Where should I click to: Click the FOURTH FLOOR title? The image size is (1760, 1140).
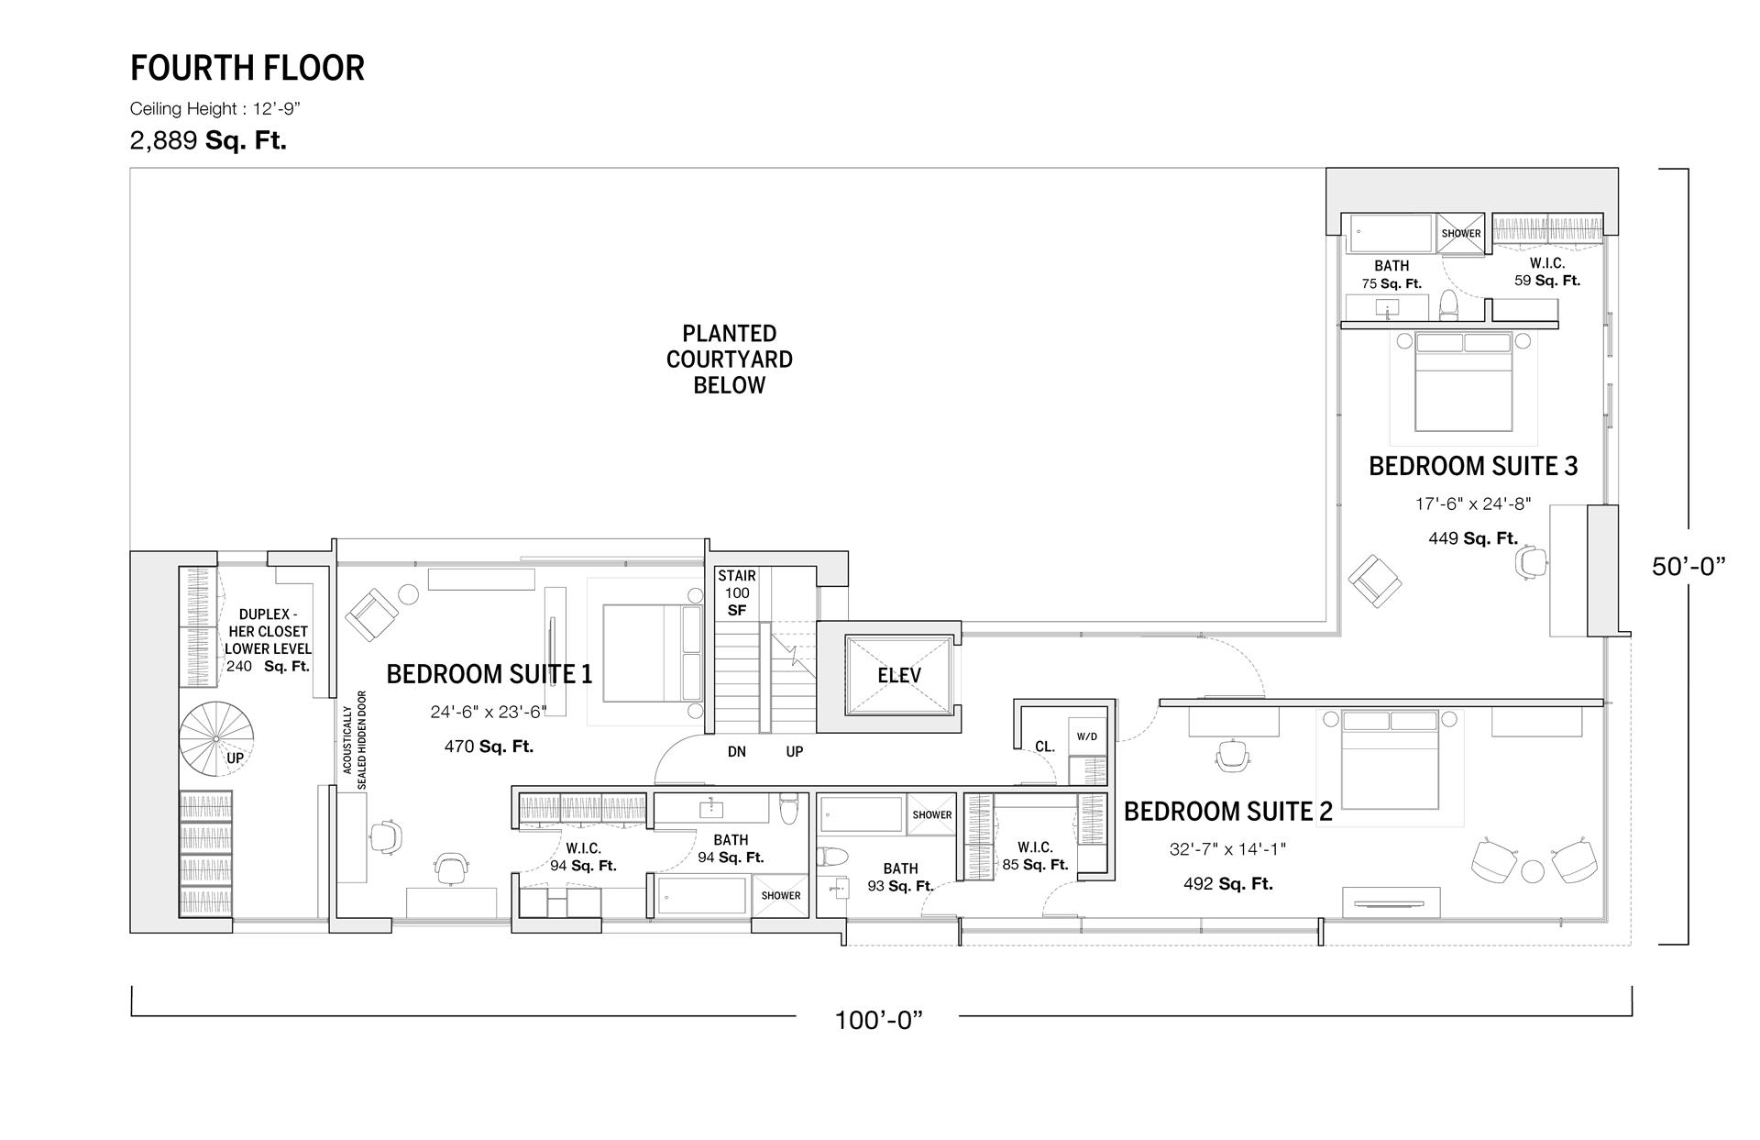tap(247, 68)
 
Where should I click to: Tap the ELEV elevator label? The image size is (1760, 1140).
tap(898, 676)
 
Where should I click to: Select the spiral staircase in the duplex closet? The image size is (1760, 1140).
tap(216, 738)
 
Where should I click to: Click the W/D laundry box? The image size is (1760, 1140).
tap(1086, 736)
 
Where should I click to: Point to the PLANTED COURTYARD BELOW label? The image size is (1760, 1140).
tap(730, 360)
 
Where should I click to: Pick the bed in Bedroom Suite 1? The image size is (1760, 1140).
tap(652, 653)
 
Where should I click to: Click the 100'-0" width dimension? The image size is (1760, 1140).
tap(877, 1020)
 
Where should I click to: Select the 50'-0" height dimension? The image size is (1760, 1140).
tap(1688, 567)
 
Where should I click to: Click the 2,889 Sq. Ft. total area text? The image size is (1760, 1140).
tap(208, 141)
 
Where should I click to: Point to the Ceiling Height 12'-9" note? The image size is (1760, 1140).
tap(215, 109)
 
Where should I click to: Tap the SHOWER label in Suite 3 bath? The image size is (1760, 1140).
tap(1461, 233)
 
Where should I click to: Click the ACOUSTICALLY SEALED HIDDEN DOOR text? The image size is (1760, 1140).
tap(355, 740)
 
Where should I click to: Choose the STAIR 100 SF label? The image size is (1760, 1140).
tap(737, 592)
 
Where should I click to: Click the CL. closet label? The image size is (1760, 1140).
tap(1045, 747)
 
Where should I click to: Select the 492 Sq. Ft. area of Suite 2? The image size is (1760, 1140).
tap(1227, 884)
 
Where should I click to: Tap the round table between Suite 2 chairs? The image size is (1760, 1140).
tap(1533, 871)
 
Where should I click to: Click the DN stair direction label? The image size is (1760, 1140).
tap(737, 752)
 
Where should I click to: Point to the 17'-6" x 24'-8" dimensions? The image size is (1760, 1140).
tap(1472, 504)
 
